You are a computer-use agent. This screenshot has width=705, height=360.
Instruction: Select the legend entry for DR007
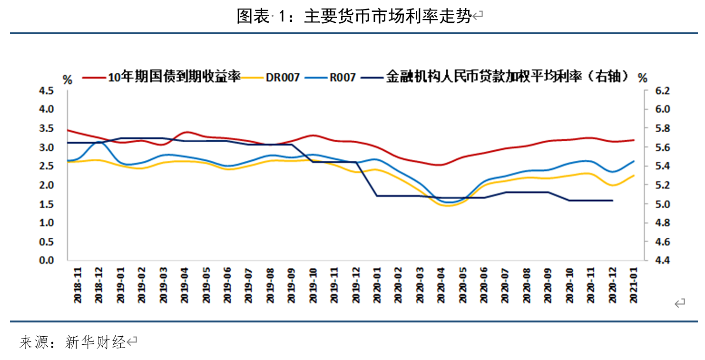click(283, 77)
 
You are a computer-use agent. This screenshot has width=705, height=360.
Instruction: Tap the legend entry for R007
click(342, 77)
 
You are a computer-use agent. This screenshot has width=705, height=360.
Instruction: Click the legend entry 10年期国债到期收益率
click(174, 77)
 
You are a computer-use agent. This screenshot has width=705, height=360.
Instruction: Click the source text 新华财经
click(95, 342)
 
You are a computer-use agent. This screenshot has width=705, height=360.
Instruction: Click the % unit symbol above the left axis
click(68, 79)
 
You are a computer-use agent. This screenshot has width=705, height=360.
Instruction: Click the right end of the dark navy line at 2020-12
click(612, 200)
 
